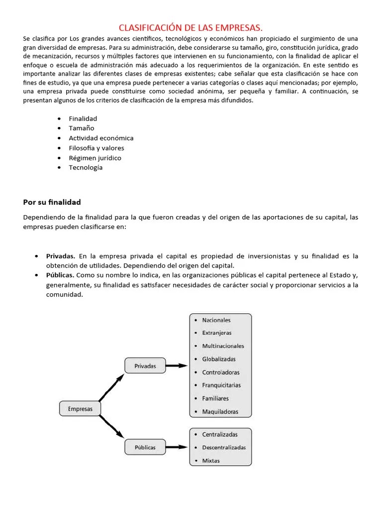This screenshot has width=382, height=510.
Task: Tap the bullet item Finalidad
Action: pyautogui.click(x=83, y=119)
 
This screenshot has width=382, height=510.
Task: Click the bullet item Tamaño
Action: pyautogui.click(x=81, y=128)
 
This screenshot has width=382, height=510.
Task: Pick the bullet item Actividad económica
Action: pyautogui.click(x=101, y=138)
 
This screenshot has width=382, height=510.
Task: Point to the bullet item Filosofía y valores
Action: pyautogui.click(x=96, y=148)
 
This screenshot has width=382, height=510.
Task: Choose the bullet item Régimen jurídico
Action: pyautogui.click(x=95, y=158)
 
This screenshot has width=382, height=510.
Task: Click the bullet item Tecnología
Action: pyautogui.click(x=86, y=167)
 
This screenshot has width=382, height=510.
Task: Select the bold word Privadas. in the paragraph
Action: pyautogui.click(x=61, y=256)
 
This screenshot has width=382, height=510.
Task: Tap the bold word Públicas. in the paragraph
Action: pyautogui.click(x=60, y=275)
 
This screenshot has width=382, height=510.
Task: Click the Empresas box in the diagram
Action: pyautogui.click(x=80, y=409)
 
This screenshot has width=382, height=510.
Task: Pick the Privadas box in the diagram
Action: pyautogui.click(x=145, y=366)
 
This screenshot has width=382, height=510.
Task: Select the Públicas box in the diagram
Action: pyautogui.click(x=145, y=447)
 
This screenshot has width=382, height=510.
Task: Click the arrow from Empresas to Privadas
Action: pyautogui.click(x=111, y=388)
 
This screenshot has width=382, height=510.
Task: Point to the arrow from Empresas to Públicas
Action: pyautogui.click(x=111, y=428)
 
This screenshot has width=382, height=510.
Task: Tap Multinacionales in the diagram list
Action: pyautogui.click(x=223, y=346)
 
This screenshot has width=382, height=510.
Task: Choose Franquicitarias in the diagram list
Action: pyautogui.click(x=221, y=385)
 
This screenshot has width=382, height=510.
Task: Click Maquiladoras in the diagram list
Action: pyautogui.click(x=220, y=412)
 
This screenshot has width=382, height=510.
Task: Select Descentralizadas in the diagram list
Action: pyautogui.click(x=224, y=447)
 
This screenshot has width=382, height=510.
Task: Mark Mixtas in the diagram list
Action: pyautogui.click(x=211, y=461)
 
